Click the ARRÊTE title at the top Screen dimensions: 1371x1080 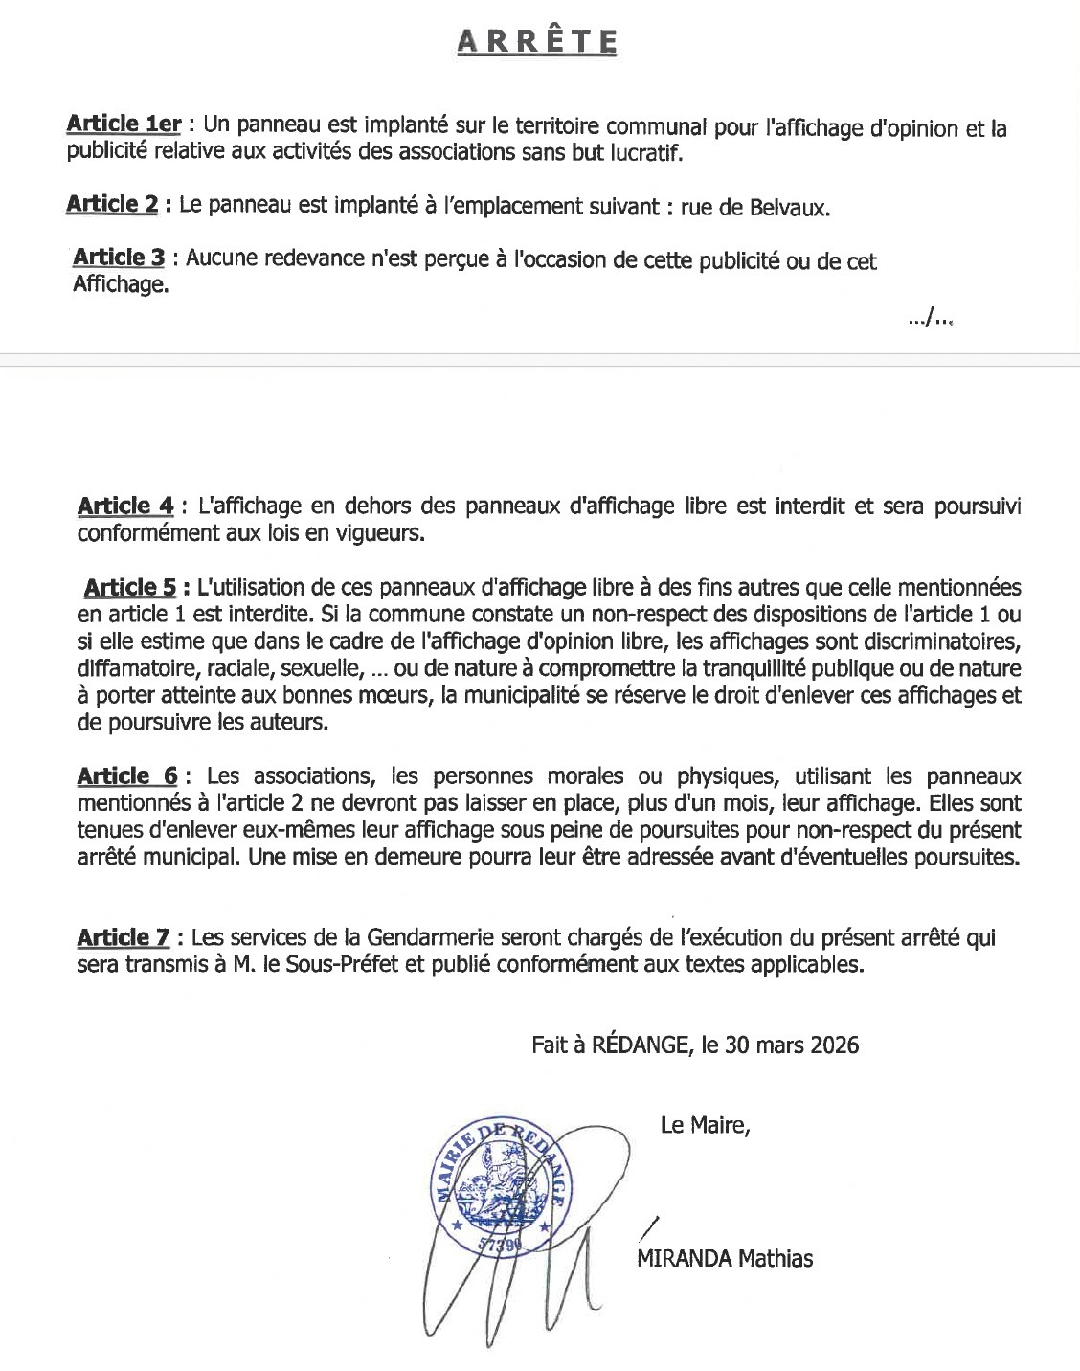538,41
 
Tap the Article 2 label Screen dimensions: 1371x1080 111,205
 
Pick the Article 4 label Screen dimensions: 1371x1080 126,506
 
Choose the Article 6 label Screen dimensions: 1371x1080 126,775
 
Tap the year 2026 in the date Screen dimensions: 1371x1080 832,1045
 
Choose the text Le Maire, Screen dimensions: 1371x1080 703,1125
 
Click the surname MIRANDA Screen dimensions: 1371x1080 683,1258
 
